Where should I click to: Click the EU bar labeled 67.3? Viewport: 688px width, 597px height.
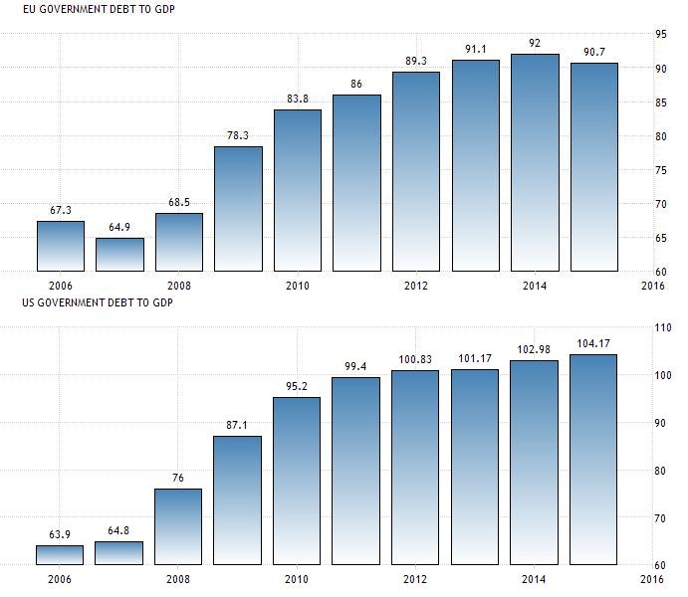pos(61,246)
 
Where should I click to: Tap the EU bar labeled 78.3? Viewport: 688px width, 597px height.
pos(238,209)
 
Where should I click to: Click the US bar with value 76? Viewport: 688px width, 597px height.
pos(179,526)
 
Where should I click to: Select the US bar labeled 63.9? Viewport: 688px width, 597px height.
pos(61,554)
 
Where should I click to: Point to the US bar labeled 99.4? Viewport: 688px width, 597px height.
pos(356,471)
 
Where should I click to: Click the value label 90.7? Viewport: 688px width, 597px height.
pos(594,51)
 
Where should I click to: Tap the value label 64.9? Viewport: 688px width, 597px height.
pos(119,227)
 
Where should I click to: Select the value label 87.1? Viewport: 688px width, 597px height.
pos(238,424)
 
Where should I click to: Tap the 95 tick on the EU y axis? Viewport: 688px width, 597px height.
pos(661,35)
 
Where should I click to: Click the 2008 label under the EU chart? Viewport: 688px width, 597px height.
pos(179,286)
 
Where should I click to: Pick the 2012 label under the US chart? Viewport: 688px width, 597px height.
pos(416,579)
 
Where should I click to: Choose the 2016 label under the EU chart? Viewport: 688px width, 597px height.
pos(653,286)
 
